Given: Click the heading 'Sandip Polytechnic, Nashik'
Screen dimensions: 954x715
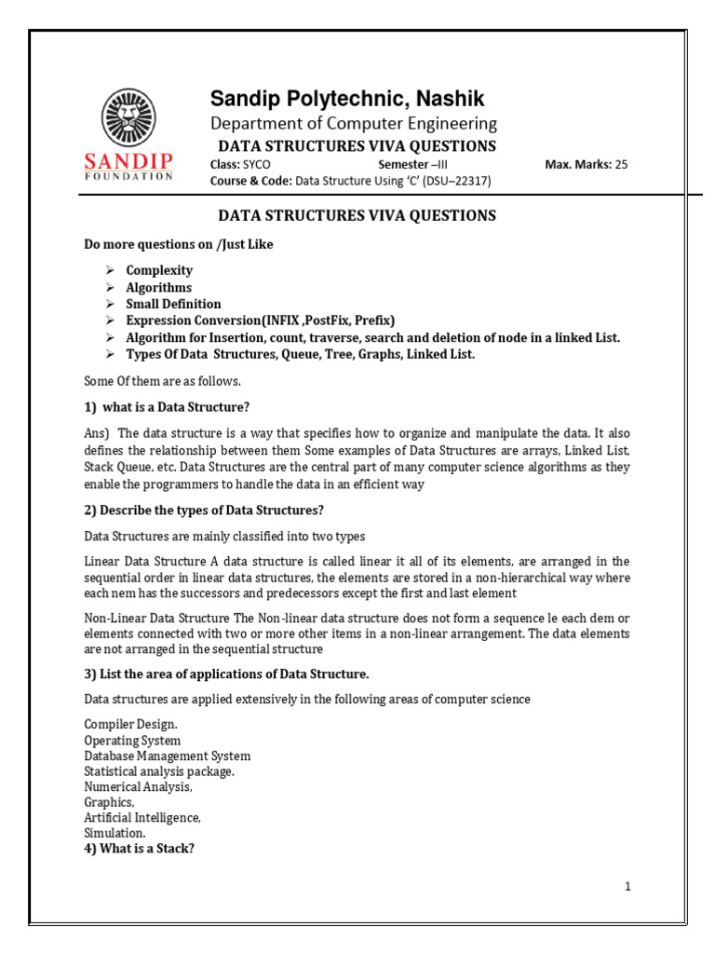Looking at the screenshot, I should click(x=346, y=99).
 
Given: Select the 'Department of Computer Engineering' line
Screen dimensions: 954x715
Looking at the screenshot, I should click(x=353, y=123).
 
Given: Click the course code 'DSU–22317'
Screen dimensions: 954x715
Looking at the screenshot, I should click(x=453, y=182).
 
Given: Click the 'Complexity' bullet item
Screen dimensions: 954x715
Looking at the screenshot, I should click(x=160, y=270).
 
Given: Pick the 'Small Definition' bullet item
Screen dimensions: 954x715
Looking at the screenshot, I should click(x=174, y=304).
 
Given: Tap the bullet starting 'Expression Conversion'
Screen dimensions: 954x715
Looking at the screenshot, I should click(x=261, y=320).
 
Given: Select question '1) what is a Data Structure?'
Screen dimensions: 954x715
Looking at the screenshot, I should click(x=168, y=407).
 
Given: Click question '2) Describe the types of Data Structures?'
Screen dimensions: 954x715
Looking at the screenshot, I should click(x=204, y=510).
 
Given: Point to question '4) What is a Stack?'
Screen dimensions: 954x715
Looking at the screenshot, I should click(x=139, y=849).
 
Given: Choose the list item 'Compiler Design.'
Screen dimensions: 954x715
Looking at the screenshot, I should click(x=130, y=724).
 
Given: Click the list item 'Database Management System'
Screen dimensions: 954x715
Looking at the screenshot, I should click(x=168, y=756).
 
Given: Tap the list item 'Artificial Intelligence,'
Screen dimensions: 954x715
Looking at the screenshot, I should click(x=142, y=817).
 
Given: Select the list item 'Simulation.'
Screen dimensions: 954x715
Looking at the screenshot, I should click(x=115, y=833).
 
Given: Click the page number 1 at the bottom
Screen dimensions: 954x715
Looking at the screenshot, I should click(x=628, y=887).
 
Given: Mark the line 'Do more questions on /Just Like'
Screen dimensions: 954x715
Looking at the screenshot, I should click(x=179, y=244).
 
